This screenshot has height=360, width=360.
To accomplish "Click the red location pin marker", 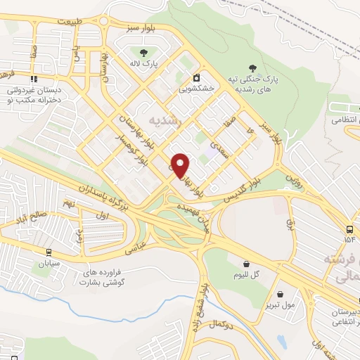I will [181, 165].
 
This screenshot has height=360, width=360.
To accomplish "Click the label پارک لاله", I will [144, 64].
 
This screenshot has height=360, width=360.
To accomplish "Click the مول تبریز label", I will [281, 305].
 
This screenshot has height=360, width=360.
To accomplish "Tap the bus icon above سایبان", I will [49, 252].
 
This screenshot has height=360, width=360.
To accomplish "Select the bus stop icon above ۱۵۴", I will [350, 229].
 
